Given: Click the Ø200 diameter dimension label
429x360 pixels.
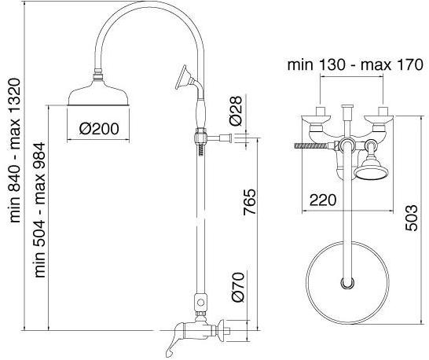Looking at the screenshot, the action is [99, 129].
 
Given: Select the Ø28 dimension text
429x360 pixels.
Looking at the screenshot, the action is [236, 111].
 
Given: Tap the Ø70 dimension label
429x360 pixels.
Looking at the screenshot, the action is [237, 287].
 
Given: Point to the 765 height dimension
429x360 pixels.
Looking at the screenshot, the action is [250, 201].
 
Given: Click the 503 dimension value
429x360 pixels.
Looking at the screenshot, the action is [412, 218].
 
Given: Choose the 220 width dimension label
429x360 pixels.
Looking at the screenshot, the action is [323, 200].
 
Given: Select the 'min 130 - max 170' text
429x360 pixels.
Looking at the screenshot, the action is [355, 65].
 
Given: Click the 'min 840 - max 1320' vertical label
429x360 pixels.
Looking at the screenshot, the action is [15, 151].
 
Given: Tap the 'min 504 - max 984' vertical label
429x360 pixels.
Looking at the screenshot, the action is [39, 210].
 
